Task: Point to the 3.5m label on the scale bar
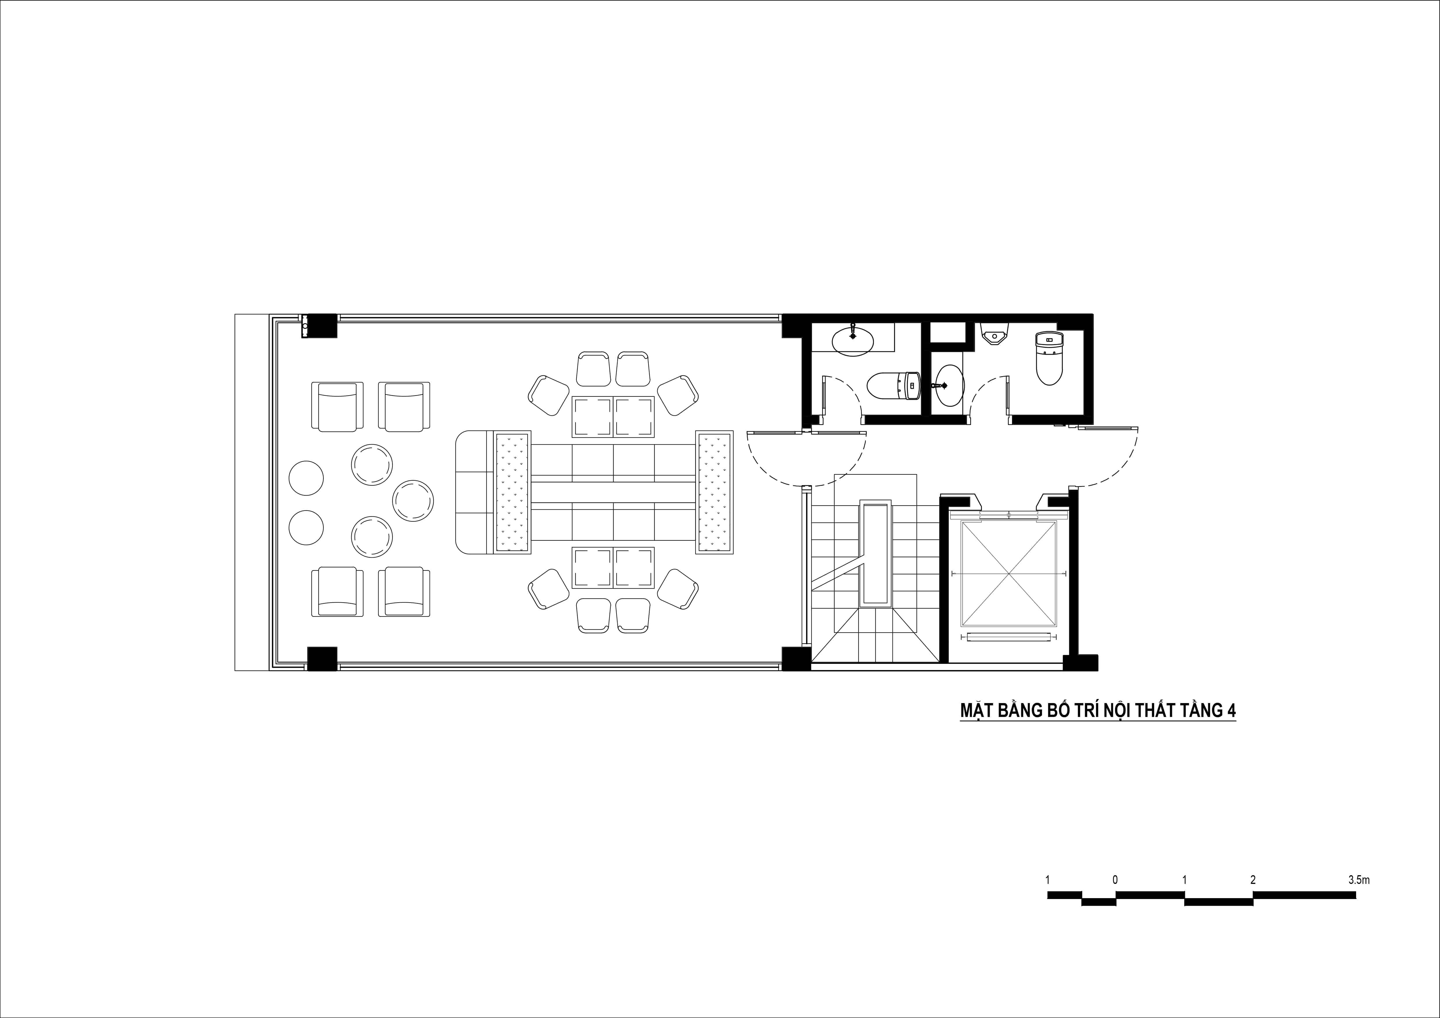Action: click(x=1358, y=880)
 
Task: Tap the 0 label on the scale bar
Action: click(x=1115, y=880)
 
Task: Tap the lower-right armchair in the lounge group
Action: click(x=404, y=592)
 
